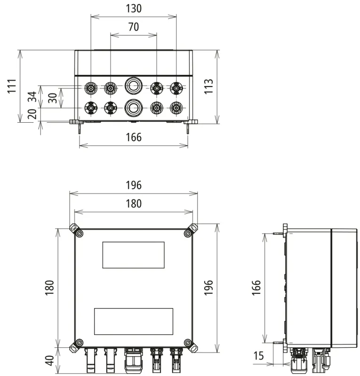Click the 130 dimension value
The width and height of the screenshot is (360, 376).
(x=134, y=8)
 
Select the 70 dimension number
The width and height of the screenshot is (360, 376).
(x=134, y=27)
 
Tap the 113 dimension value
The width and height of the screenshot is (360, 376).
(x=209, y=86)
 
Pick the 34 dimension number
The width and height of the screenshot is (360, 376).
(x=32, y=97)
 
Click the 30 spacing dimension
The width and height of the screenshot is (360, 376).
(x=52, y=98)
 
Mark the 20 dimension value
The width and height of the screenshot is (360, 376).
(x=32, y=115)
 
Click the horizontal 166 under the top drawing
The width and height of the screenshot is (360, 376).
(x=134, y=138)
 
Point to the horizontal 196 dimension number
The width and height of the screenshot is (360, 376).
(x=134, y=185)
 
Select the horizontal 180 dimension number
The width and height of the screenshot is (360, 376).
(x=134, y=204)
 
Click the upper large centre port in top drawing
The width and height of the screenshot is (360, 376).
(x=133, y=86)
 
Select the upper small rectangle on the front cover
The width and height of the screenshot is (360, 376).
(x=133, y=255)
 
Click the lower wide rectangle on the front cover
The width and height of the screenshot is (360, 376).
(x=133, y=321)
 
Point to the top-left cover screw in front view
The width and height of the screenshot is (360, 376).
(x=80, y=234)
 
